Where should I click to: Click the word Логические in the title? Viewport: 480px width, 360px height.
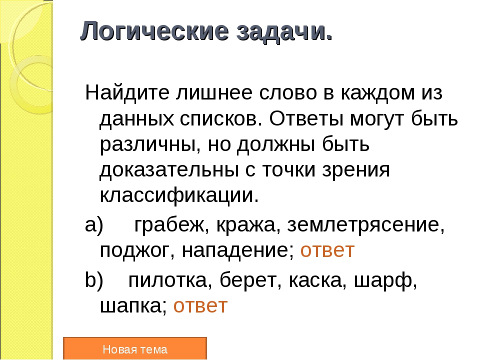pyautogui.click(x=154, y=31)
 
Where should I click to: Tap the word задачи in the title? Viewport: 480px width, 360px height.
pyautogui.click(x=280, y=32)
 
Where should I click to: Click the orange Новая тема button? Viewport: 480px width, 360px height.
pyautogui.click(x=135, y=348)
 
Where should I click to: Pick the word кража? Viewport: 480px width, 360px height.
pyautogui.click(x=245, y=225)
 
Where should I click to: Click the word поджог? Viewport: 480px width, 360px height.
pyautogui.click(x=134, y=251)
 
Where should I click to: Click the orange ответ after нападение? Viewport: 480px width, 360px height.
pyautogui.click(x=327, y=250)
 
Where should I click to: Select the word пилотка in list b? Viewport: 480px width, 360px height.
pyautogui.click(x=167, y=280)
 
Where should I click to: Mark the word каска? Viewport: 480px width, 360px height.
pyautogui.click(x=315, y=280)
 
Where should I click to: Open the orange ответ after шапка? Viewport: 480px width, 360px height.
pyautogui.click(x=200, y=306)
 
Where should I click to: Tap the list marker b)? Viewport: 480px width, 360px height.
pyautogui.click(x=94, y=280)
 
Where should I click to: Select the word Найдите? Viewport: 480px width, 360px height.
pyautogui.click(x=127, y=93)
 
